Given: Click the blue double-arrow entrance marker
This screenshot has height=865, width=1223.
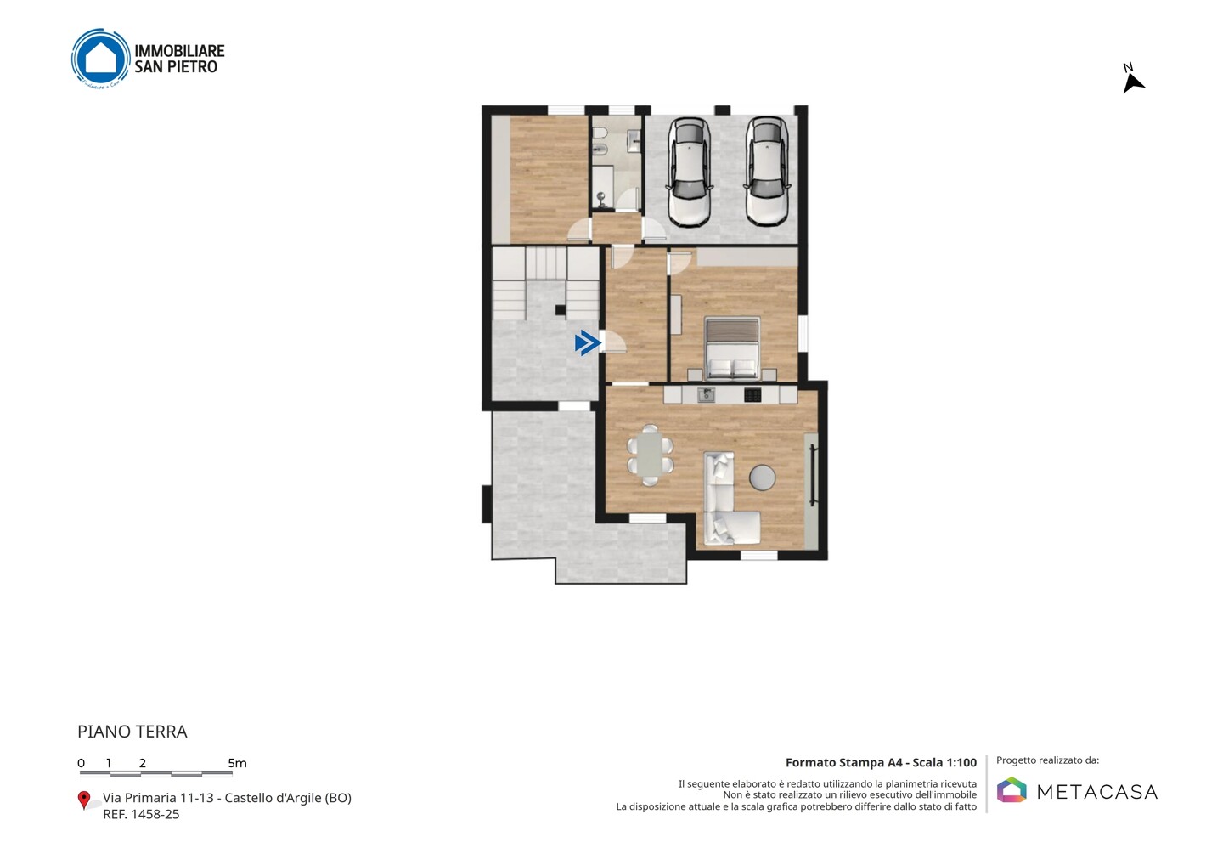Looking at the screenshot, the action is [x=588, y=343].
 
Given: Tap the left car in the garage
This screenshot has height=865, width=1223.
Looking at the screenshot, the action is [x=690, y=172].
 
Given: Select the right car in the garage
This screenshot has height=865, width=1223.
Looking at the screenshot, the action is [x=767, y=172].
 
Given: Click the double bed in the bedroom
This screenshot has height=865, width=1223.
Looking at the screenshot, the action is [x=732, y=348].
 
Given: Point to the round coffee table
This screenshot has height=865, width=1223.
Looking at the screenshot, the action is [x=762, y=478].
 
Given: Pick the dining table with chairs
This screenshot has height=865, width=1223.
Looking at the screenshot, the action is [x=650, y=455].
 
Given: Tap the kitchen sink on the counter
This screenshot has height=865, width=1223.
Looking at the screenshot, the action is [x=706, y=394].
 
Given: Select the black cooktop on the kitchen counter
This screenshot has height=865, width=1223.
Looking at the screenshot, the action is [x=752, y=395].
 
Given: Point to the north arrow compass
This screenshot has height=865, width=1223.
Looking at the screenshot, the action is [x=1132, y=79].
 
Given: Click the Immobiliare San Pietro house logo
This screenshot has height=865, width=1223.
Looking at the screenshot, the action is [x=100, y=58].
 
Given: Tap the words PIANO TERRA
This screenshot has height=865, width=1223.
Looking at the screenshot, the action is [x=132, y=732].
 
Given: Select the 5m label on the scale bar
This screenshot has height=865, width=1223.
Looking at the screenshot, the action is [x=237, y=763].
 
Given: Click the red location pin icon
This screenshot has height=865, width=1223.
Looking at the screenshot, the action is [x=83, y=800].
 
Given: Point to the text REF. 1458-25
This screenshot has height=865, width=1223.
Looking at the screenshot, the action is [x=141, y=814].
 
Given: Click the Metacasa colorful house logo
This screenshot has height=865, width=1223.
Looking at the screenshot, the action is [x=1012, y=789].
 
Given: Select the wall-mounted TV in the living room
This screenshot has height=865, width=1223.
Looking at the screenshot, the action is [x=813, y=476].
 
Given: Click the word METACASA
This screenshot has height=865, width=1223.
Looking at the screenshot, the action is [x=1097, y=792].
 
